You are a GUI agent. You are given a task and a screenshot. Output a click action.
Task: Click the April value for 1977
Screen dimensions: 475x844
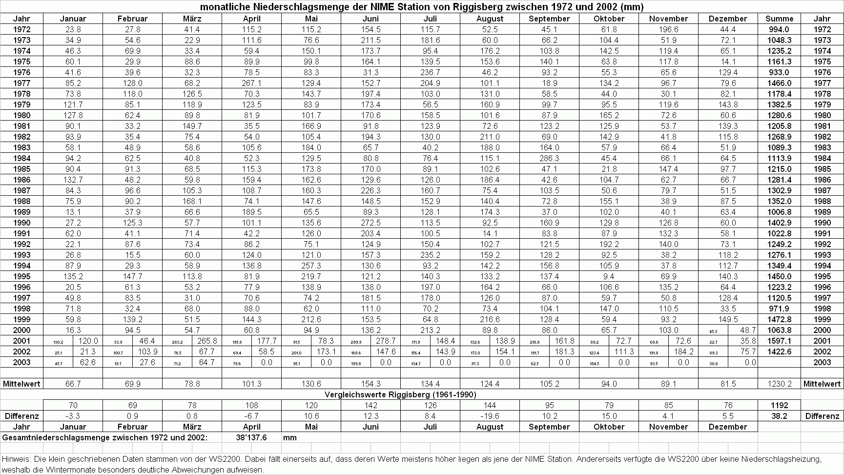[252, 83]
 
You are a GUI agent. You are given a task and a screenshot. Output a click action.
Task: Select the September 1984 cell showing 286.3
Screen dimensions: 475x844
[549, 158]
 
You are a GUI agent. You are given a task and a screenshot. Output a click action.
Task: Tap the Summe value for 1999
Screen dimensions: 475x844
[779, 319]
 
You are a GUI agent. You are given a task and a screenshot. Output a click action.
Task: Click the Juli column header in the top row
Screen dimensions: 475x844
[430, 19]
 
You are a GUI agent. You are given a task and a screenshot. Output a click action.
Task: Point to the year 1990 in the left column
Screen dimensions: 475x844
[21, 223]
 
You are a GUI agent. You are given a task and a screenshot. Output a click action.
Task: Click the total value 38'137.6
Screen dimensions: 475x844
[251, 437]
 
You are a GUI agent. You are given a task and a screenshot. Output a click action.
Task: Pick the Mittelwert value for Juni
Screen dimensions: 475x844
[371, 384]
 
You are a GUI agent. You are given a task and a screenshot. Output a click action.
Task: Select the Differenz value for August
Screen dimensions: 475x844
[490, 416]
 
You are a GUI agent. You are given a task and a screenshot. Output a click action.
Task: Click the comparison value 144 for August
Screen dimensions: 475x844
[490, 405]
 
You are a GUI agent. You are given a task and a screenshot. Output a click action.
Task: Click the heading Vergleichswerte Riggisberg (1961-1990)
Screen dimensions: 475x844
[400, 394]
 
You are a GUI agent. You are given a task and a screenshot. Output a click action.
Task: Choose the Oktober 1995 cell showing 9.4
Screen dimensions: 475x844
[609, 276]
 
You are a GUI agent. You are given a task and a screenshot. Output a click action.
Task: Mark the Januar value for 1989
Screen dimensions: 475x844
[73, 212]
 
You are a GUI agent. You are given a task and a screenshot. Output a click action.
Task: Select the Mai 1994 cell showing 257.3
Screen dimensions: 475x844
[311, 266]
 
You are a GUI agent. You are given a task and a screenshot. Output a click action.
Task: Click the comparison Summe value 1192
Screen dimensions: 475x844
[779, 405]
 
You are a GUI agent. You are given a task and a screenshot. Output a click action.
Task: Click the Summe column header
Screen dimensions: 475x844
[779, 19]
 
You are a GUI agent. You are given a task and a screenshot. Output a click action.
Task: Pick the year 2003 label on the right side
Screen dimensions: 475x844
[822, 362]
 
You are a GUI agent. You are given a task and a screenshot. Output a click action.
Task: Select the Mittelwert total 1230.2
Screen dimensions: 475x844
[779, 384]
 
